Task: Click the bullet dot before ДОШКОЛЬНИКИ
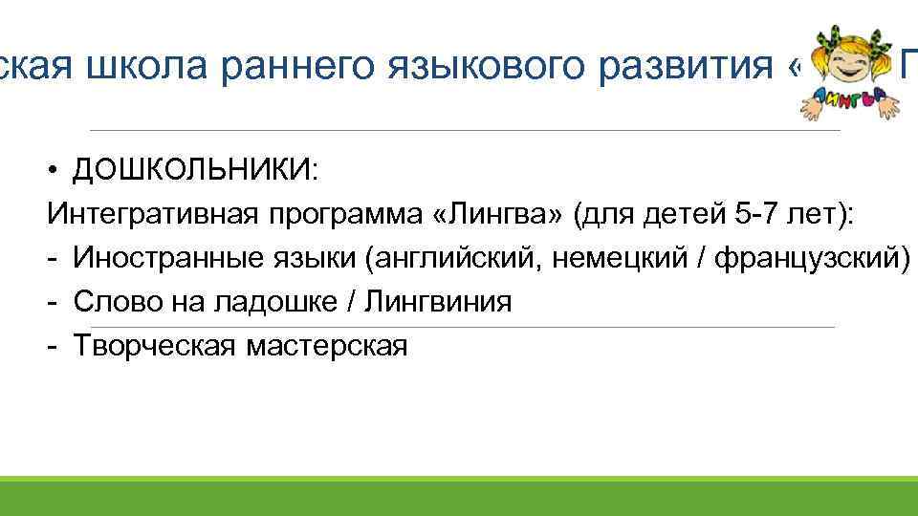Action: click(x=56, y=170)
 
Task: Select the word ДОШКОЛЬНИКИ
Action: click(x=191, y=170)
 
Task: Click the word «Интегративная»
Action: click(x=149, y=214)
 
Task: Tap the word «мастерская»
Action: click(x=327, y=346)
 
